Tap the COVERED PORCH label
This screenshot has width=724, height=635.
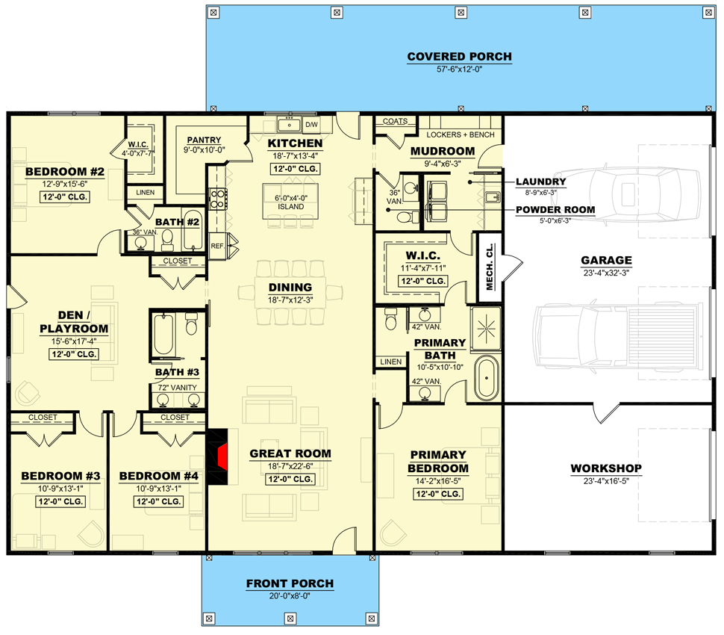[x=459, y=57]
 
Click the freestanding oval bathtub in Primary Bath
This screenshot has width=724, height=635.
[x=485, y=379]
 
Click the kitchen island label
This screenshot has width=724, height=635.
[x=291, y=202]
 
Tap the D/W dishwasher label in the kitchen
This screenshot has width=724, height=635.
[x=311, y=124]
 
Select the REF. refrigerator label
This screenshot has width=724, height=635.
[x=217, y=244]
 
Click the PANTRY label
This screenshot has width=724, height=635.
[x=204, y=140]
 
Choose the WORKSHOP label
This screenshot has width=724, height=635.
[x=606, y=468]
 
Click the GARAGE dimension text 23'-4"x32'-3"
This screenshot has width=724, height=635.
[x=606, y=273]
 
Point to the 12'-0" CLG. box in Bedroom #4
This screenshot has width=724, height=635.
[x=159, y=501]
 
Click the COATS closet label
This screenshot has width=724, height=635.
[x=394, y=121]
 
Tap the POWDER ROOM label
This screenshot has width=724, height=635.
[x=555, y=210]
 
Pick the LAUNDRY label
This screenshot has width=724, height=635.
[x=540, y=182]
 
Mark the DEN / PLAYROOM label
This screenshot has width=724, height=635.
[x=72, y=322]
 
